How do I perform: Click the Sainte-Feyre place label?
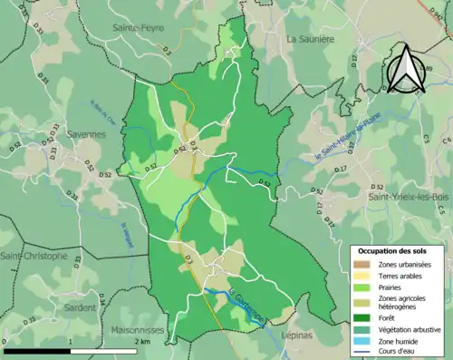137,28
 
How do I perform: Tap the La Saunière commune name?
311,39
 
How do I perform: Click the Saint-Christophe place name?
34,257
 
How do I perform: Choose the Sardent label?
82,307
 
